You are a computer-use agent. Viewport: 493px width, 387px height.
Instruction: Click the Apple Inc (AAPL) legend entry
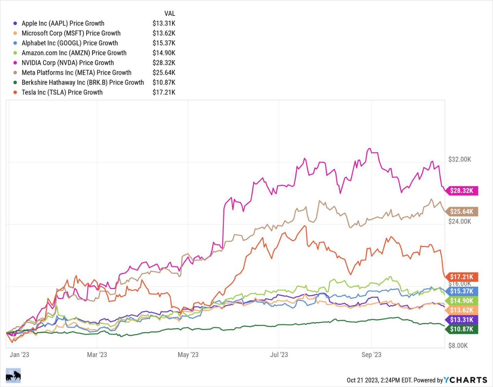pos(63,23)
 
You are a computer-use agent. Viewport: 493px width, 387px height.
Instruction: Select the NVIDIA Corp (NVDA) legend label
pos(68,63)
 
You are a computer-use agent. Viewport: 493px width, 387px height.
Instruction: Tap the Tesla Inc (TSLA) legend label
pos(62,92)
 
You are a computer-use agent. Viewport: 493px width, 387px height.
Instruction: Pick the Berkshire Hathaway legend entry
pos(83,82)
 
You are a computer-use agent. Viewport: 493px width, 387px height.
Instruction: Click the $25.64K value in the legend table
pos(164,73)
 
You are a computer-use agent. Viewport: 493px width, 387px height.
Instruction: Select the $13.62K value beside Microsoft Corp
pos(164,33)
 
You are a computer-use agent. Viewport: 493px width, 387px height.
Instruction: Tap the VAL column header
pos(169,13)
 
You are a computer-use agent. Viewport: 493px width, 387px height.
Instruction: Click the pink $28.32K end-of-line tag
pos(461,191)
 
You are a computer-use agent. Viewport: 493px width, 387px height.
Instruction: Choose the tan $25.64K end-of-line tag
pos(461,212)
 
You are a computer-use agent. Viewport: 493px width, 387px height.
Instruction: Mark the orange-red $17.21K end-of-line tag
pos(461,277)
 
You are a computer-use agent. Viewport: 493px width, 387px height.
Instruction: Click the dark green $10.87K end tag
pos(461,329)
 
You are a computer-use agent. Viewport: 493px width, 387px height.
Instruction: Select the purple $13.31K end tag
pos(461,320)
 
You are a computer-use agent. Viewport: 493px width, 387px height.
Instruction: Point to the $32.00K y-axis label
pos(459,159)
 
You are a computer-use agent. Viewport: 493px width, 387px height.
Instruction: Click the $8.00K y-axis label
pos(458,345)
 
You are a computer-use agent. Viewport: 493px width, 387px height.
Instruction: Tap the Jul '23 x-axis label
pos(279,355)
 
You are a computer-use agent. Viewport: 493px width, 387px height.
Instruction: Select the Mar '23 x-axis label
pos(97,355)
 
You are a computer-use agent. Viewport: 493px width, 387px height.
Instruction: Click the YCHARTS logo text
pos(465,380)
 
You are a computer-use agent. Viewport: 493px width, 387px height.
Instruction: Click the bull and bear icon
pos(13,375)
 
